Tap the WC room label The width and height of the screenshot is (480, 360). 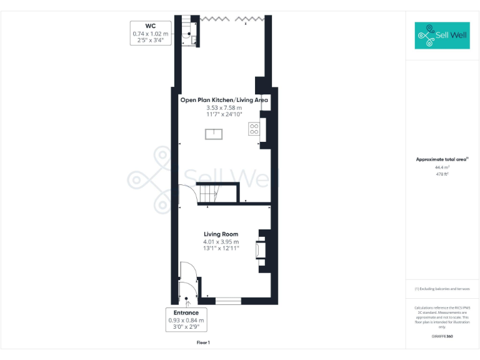150,26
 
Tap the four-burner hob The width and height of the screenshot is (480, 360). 254,129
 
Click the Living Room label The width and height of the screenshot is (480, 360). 221,234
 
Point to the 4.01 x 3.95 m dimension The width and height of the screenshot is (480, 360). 221,242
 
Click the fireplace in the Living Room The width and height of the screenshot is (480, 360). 259,250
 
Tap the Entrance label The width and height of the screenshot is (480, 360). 186,312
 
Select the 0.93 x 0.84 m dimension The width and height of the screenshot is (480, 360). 186,321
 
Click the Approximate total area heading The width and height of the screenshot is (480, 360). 442,159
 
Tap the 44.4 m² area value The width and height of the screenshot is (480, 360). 442,167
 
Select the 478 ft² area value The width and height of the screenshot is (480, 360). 442,174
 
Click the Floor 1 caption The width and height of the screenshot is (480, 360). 203,342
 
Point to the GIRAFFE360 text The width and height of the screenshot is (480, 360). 442,337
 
